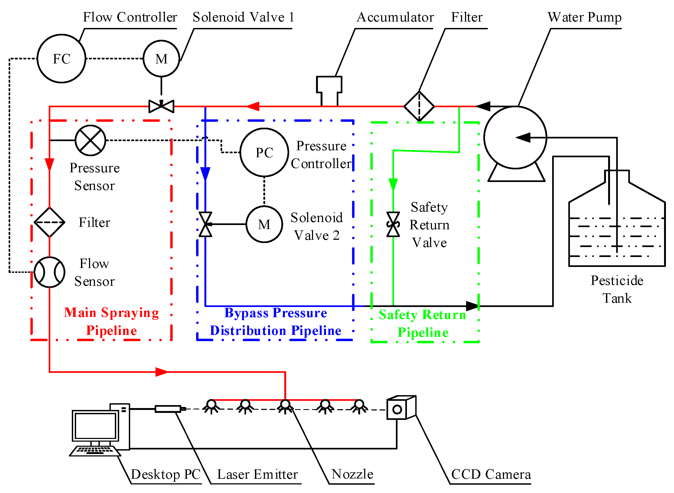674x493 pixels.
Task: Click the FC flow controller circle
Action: tap(61, 59)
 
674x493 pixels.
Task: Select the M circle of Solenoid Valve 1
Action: tap(161, 59)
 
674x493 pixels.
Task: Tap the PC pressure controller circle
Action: tap(264, 152)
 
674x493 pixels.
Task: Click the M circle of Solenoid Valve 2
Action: tap(264, 224)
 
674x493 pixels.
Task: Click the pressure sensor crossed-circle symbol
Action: tap(90, 140)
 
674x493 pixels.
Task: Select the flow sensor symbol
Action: tap(49, 272)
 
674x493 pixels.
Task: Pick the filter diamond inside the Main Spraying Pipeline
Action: tap(49, 222)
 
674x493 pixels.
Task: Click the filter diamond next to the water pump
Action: tap(419, 106)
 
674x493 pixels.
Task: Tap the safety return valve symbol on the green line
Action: tap(393, 224)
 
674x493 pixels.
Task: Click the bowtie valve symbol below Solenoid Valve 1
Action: tap(161, 106)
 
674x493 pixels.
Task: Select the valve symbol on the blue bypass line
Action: tap(205, 224)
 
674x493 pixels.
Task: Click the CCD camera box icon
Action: tap(400, 408)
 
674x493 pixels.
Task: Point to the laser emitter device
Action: tap(169, 409)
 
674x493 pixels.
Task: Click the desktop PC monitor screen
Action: tap(95, 426)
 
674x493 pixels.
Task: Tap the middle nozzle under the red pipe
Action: tap(285, 406)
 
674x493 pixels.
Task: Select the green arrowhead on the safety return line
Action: tap(393, 184)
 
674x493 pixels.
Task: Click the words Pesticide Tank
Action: tap(617, 289)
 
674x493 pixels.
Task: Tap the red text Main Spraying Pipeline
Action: tap(111, 321)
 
